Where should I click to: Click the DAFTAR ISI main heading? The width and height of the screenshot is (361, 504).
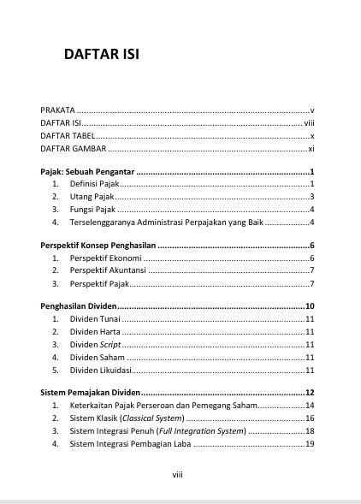(101, 56)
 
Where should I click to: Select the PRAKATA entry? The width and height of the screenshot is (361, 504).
(58, 110)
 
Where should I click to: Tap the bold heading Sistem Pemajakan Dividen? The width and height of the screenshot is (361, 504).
(90, 393)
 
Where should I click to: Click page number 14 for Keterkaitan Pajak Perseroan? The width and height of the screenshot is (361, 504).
(311, 406)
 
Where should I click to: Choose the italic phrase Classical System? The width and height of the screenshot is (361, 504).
(151, 418)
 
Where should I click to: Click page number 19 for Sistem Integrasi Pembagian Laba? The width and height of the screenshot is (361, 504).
(311, 444)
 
